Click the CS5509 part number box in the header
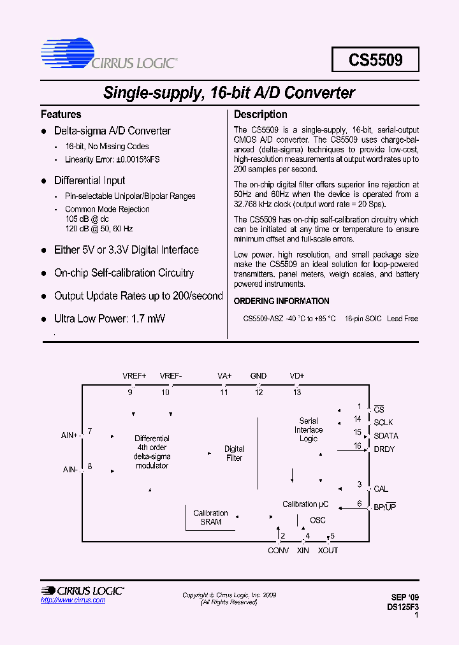(375, 59)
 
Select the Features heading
(61, 115)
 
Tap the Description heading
(260, 115)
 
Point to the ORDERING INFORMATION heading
(281, 301)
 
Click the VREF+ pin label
(134, 376)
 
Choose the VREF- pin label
(171, 376)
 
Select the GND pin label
(258, 376)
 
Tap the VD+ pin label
(297, 376)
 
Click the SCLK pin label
(383, 423)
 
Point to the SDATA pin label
(386, 436)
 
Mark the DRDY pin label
(384, 449)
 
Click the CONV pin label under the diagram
(278, 550)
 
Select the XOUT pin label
(328, 550)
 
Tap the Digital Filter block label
(234, 453)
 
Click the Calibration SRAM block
(210, 517)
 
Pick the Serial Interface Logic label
(309, 430)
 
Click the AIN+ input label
(69, 435)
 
